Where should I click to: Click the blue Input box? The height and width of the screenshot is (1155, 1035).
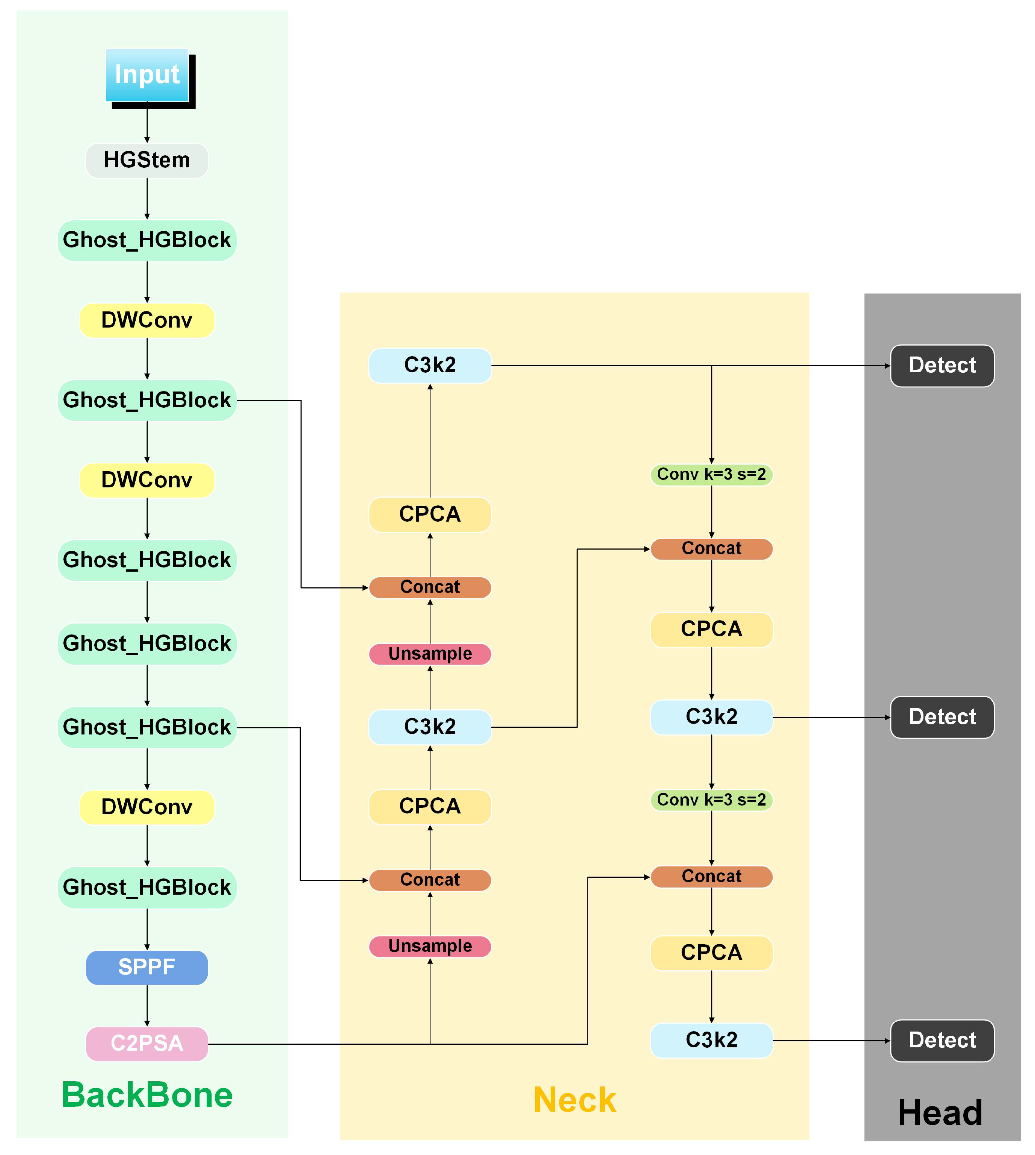pyautogui.click(x=147, y=75)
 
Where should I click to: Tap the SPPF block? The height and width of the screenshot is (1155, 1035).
pyautogui.click(x=147, y=967)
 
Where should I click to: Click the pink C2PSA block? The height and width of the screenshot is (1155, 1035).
pyautogui.click(x=147, y=1043)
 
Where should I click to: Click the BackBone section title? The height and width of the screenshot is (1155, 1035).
pyautogui.click(x=147, y=1095)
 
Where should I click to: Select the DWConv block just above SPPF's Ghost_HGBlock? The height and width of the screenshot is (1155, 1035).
pyautogui.click(x=147, y=807)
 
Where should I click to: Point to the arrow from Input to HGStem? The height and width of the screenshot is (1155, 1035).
pyautogui.click(x=147, y=122)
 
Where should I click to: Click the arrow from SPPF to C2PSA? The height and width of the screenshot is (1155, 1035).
pyautogui.click(x=147, y=1005)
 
